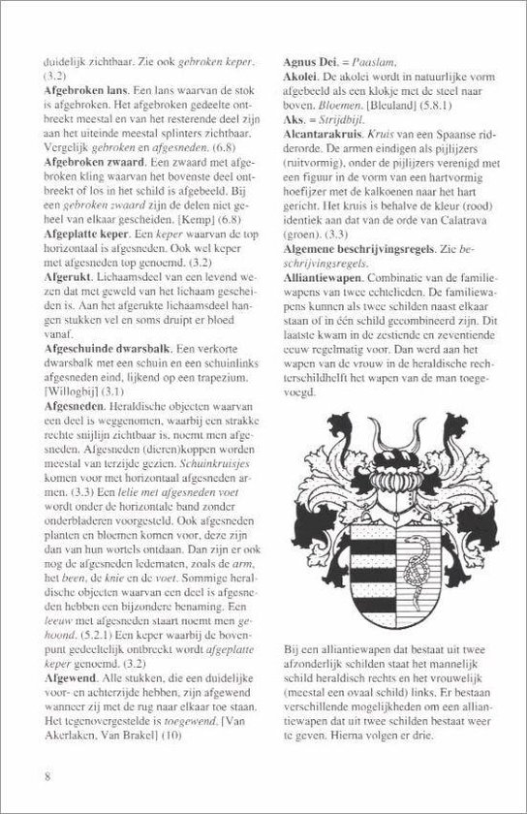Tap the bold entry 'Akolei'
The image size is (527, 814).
[x=295, y=74]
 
